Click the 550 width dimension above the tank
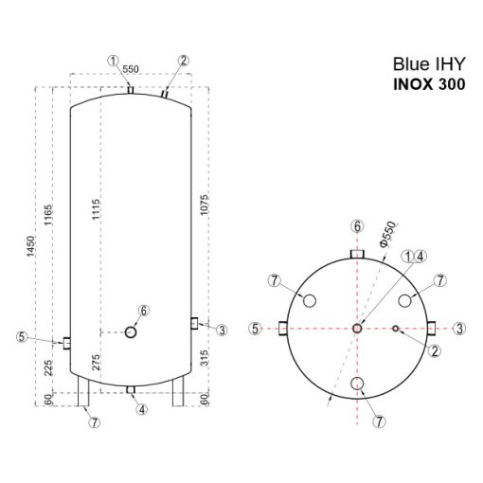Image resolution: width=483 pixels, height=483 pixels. coord(131,70)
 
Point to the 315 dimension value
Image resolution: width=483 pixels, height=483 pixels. coord(205,357)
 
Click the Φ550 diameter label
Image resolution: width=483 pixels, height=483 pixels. coord(386,234)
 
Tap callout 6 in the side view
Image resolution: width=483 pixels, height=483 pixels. coord(144,310)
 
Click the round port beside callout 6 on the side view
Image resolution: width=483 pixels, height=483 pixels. coord(132,331)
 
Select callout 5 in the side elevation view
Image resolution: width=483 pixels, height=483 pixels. coord(22,335)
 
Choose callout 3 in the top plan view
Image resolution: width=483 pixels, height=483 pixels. coord(459,328)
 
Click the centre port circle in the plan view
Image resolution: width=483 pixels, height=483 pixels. coord(356,328)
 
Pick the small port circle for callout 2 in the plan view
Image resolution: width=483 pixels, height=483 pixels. coord(397,329)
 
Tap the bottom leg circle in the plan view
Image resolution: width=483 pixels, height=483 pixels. coord(356,384)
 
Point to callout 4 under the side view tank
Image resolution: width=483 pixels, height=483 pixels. coord(140,409)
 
